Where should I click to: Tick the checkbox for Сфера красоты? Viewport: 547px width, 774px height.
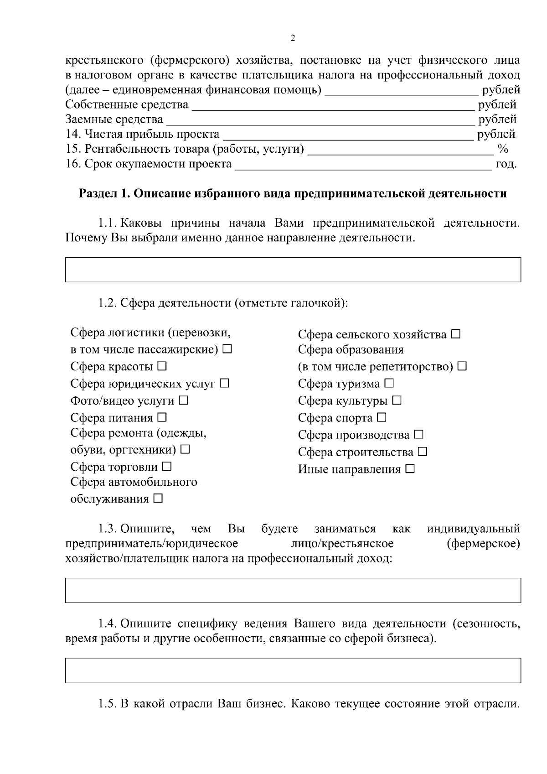click(162, 366)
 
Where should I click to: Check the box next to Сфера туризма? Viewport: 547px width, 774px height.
click(389, 384)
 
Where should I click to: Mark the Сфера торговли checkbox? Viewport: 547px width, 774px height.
click(167, 467)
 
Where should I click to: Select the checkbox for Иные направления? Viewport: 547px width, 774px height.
click(410, 469)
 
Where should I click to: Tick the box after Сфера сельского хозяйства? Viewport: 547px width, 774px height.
click(456, 335)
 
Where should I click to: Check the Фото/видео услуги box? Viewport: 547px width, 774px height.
click(183, 400)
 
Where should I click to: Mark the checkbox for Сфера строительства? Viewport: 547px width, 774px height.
click(423, 452)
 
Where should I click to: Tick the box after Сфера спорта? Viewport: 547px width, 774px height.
click(382, 417)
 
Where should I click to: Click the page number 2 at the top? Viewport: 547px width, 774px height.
click(293, 38)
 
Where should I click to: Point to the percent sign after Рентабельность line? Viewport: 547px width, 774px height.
click(503, 149)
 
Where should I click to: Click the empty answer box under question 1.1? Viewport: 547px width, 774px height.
click(293, 270)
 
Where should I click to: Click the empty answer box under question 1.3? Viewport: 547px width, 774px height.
click(293, 590)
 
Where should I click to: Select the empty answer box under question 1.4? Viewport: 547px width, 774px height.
click(293, 670)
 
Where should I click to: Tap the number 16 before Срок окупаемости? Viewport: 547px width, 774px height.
click(72, 164)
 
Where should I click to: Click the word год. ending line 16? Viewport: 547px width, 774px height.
click(506, 164)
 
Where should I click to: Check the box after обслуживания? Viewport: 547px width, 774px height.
click(158, 499)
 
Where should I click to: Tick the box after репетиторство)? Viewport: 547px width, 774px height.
click(462, 366)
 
